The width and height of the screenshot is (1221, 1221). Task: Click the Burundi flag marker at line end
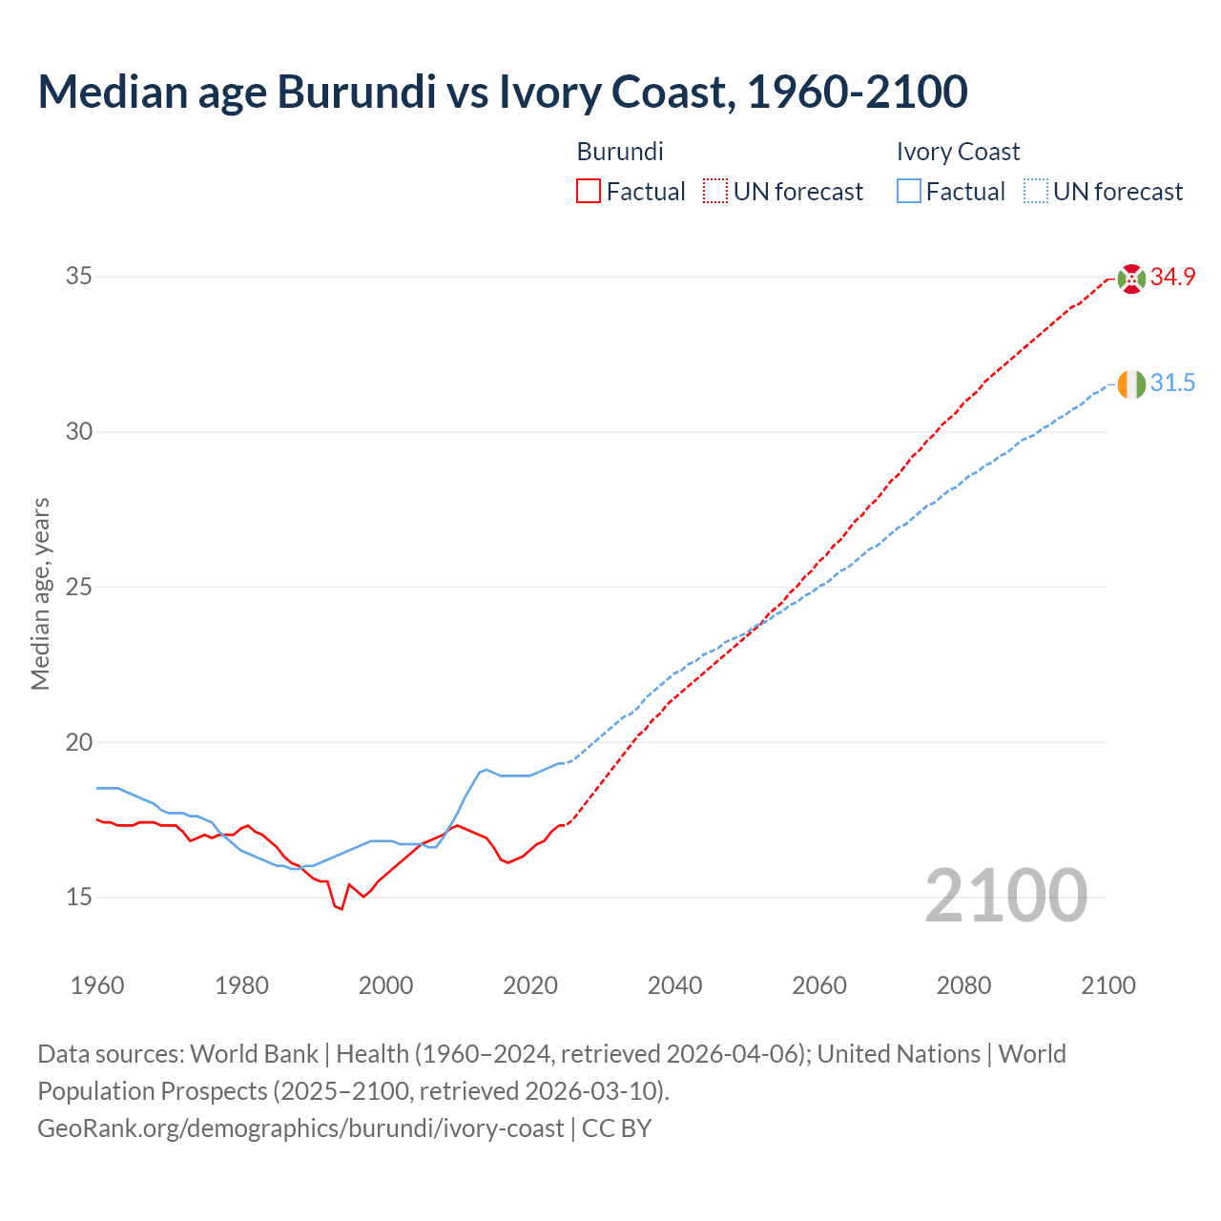tap(1131, 278)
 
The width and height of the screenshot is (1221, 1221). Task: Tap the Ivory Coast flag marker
tap(1131, 384)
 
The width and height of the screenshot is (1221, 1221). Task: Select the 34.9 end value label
tap(1172, 278)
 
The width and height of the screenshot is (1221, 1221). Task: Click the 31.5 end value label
tap(1172, 383)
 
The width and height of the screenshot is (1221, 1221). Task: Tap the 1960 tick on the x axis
tap(97, 985)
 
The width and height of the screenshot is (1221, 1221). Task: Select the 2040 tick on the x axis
tap(674, 985)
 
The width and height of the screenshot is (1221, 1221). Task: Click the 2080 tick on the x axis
tap(963, 985)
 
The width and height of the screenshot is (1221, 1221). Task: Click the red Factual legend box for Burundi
tap(589, 192)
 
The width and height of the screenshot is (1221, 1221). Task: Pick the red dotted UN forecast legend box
tap(715, 192)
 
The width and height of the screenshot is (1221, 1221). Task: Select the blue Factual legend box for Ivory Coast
tap(909, 192)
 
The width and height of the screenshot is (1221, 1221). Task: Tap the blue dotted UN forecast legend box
tap(1035, 192)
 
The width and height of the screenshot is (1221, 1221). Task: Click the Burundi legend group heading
tap(620, 152)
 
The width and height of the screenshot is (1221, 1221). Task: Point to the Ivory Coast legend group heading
tap(958, 152)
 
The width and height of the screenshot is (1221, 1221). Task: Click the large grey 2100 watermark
tap(1005, 896)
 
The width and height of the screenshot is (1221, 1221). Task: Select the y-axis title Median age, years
tap(40, 593)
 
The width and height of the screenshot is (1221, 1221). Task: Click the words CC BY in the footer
tap(616, 1128)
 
